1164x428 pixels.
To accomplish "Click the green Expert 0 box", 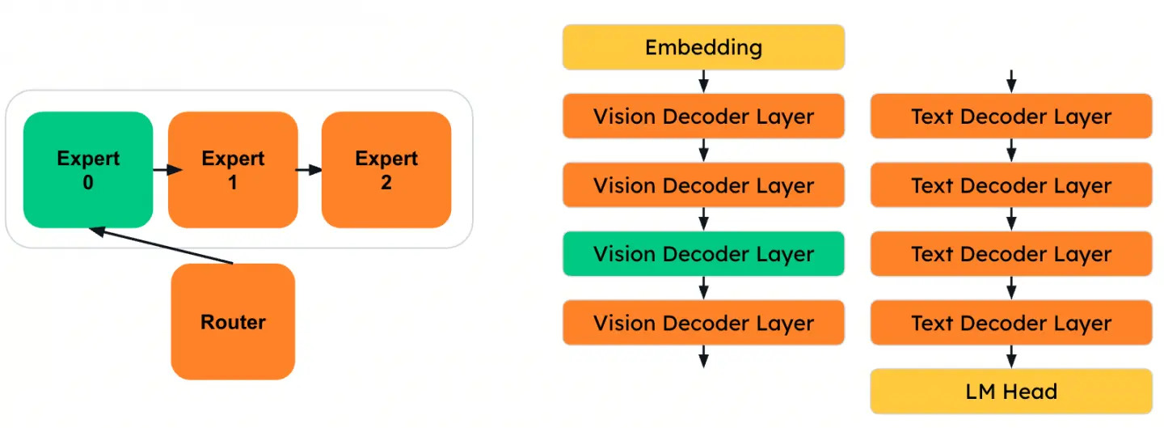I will (87, 170).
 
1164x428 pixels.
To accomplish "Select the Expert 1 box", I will (233, 170).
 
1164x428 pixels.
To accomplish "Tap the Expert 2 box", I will (386, 170).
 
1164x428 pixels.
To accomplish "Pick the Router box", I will (233, 321).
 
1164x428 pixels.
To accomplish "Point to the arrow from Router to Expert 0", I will (162, 246).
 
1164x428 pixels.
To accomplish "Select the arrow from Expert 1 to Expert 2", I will (309, 170).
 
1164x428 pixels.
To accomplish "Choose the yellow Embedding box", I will (703, 47).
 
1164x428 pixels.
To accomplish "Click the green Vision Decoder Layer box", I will (703, 254).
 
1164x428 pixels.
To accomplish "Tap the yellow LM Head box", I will (1010, 392).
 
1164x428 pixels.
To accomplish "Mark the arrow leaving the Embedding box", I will (703, 81).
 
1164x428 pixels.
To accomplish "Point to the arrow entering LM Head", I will (1010, 357).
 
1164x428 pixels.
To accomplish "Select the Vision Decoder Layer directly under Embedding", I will (703, 116).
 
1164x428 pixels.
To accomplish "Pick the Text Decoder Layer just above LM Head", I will (1010, 323).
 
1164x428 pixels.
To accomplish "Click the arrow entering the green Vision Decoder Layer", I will (703, 218).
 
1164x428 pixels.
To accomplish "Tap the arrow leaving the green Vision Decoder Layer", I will (703, 287).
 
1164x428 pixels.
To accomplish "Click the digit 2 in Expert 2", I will (386, 182).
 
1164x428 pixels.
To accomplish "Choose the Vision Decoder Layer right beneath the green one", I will (703, 323).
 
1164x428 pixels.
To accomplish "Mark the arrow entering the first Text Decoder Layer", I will (1010, 81).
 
